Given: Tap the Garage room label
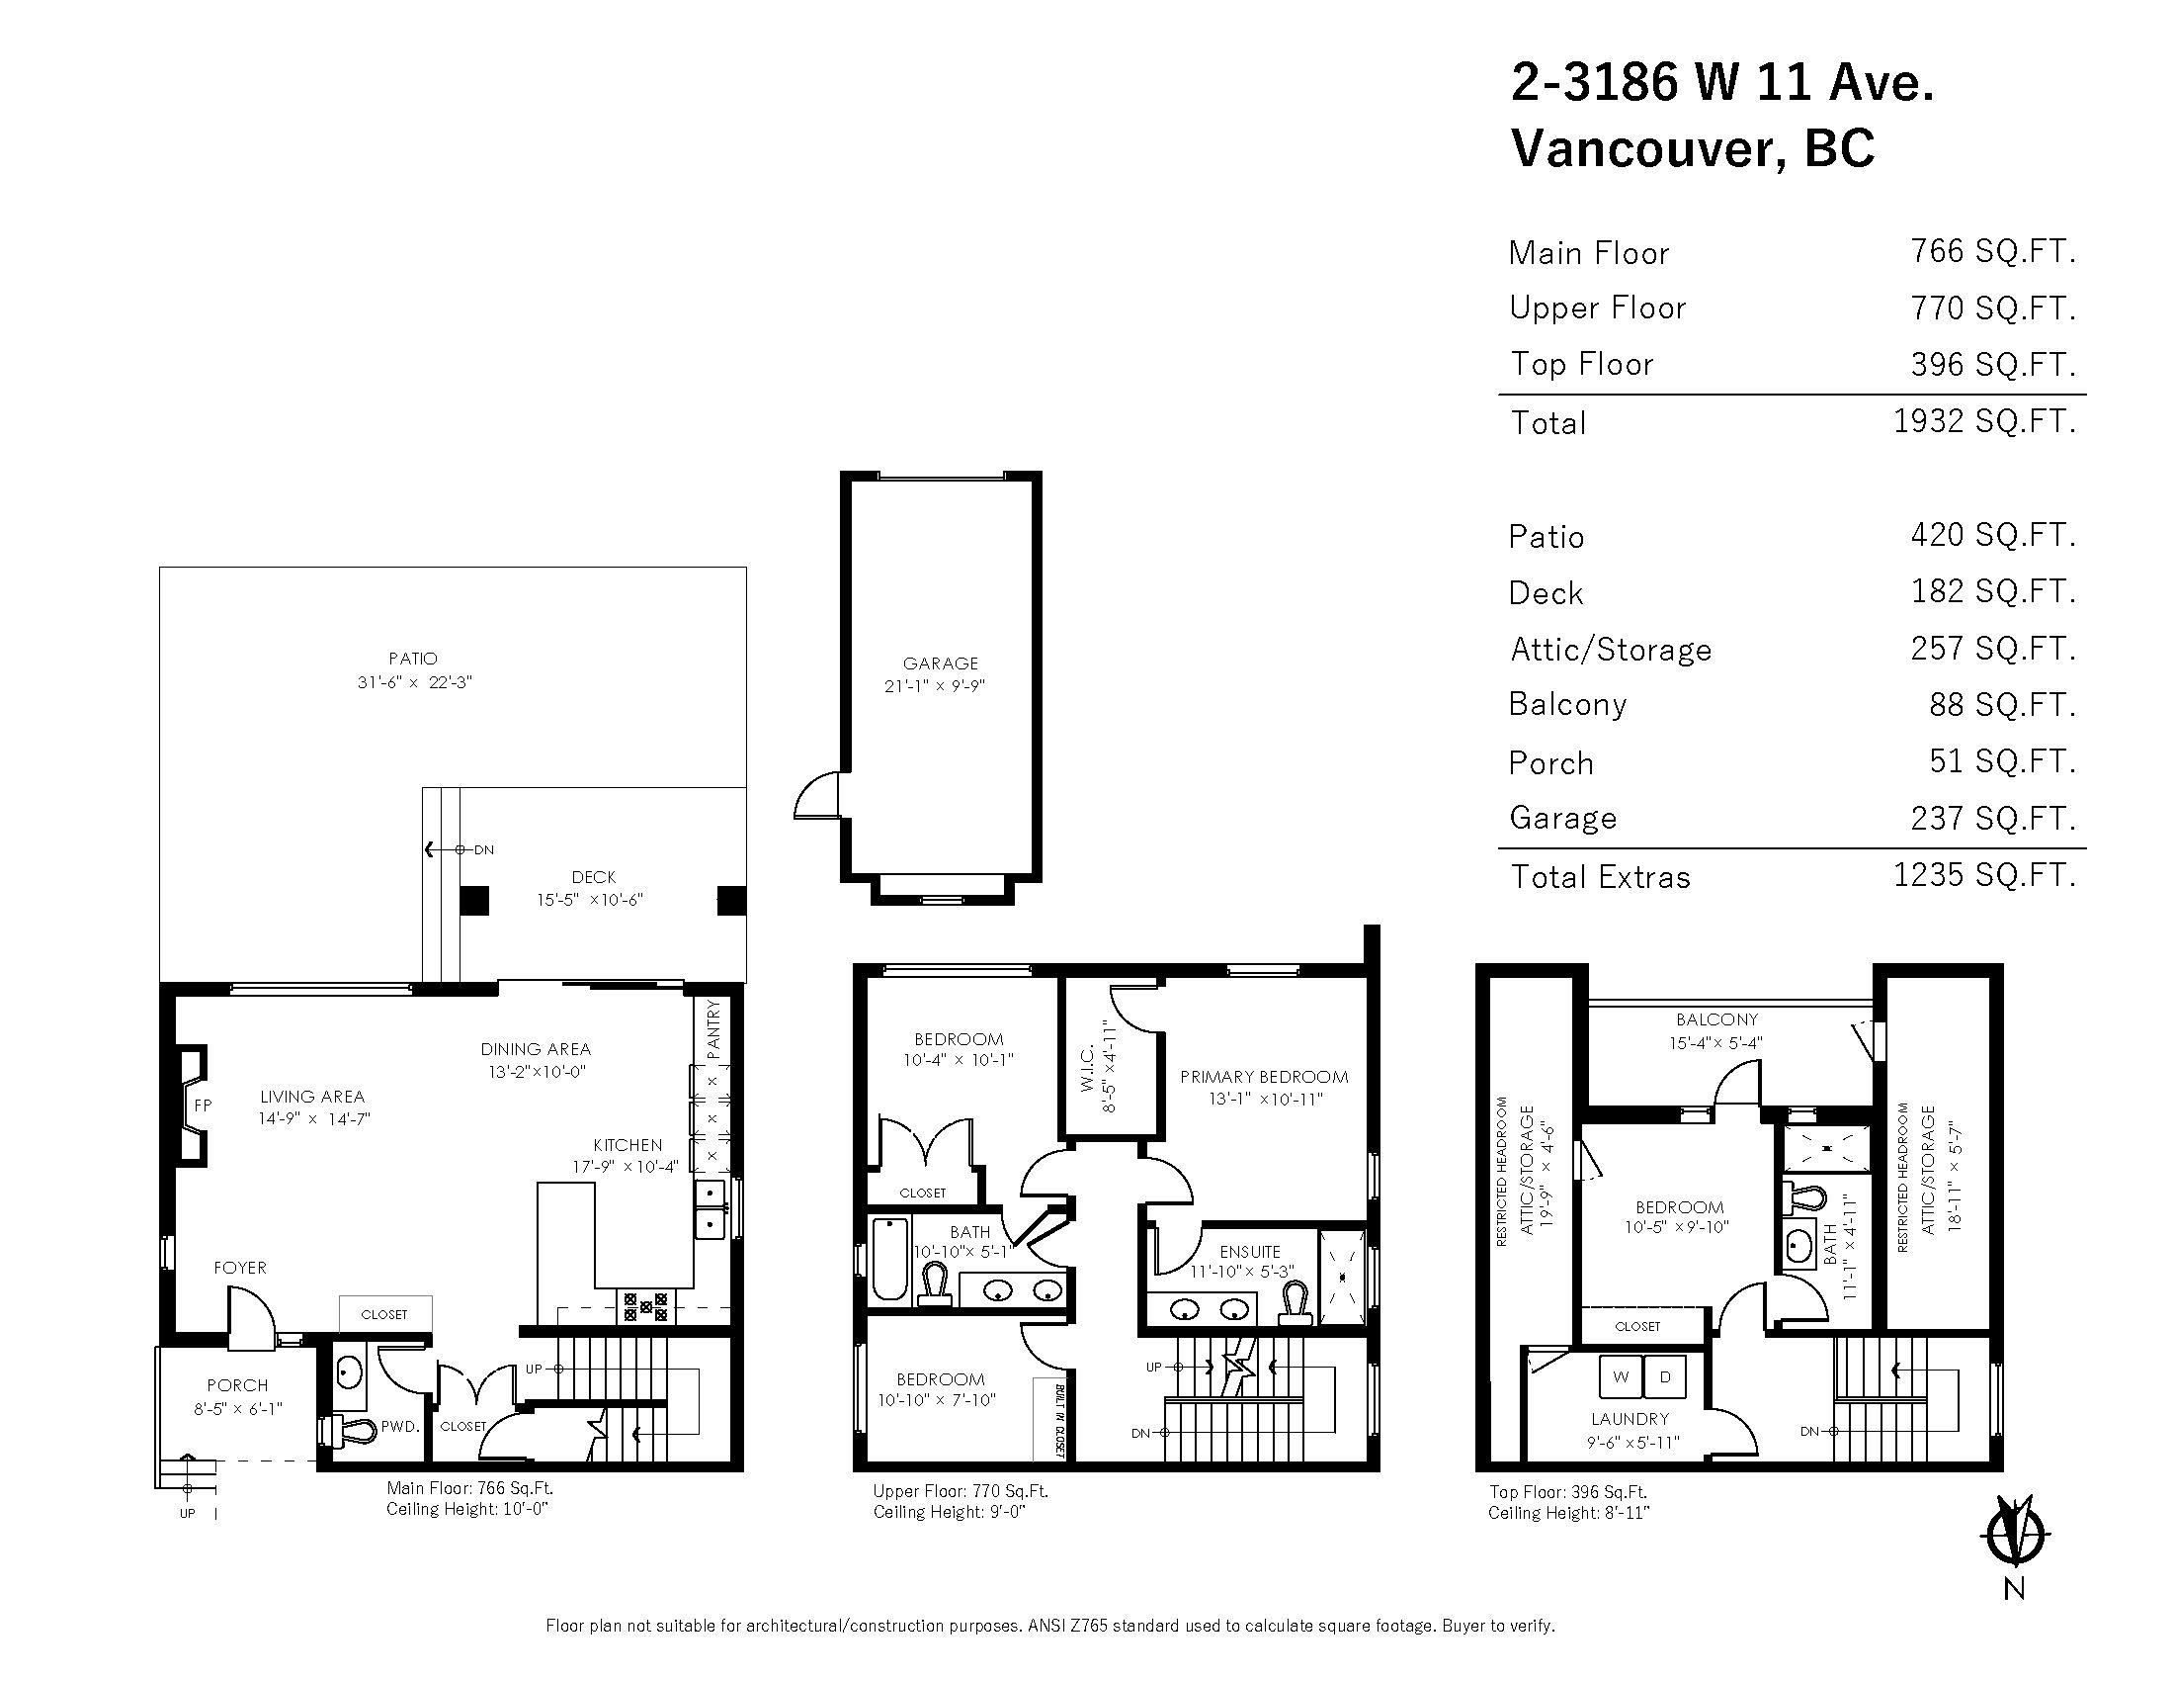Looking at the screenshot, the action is pos(941,664).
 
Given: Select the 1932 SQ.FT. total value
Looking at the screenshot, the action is pos(1984,421).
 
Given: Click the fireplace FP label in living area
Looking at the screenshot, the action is pos(202,1105).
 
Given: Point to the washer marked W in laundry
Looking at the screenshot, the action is pos(1621,1377).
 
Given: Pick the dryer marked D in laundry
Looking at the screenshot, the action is pos(1664,1377).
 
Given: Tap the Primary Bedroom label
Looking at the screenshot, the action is pos(1264,1077).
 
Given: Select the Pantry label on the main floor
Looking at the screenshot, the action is pos(712,1029).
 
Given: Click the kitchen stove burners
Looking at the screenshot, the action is pos(646,1305).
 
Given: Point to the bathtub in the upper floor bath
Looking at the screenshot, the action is pos(890,1259).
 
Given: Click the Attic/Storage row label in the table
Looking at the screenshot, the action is pos(1611,651).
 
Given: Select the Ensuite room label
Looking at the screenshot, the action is pos(1250,1252).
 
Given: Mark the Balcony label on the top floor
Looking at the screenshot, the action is pos(1717,1019).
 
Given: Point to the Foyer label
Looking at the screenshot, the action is pos(240,1268).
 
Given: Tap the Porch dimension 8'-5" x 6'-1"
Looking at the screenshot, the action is pos(238,1409).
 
